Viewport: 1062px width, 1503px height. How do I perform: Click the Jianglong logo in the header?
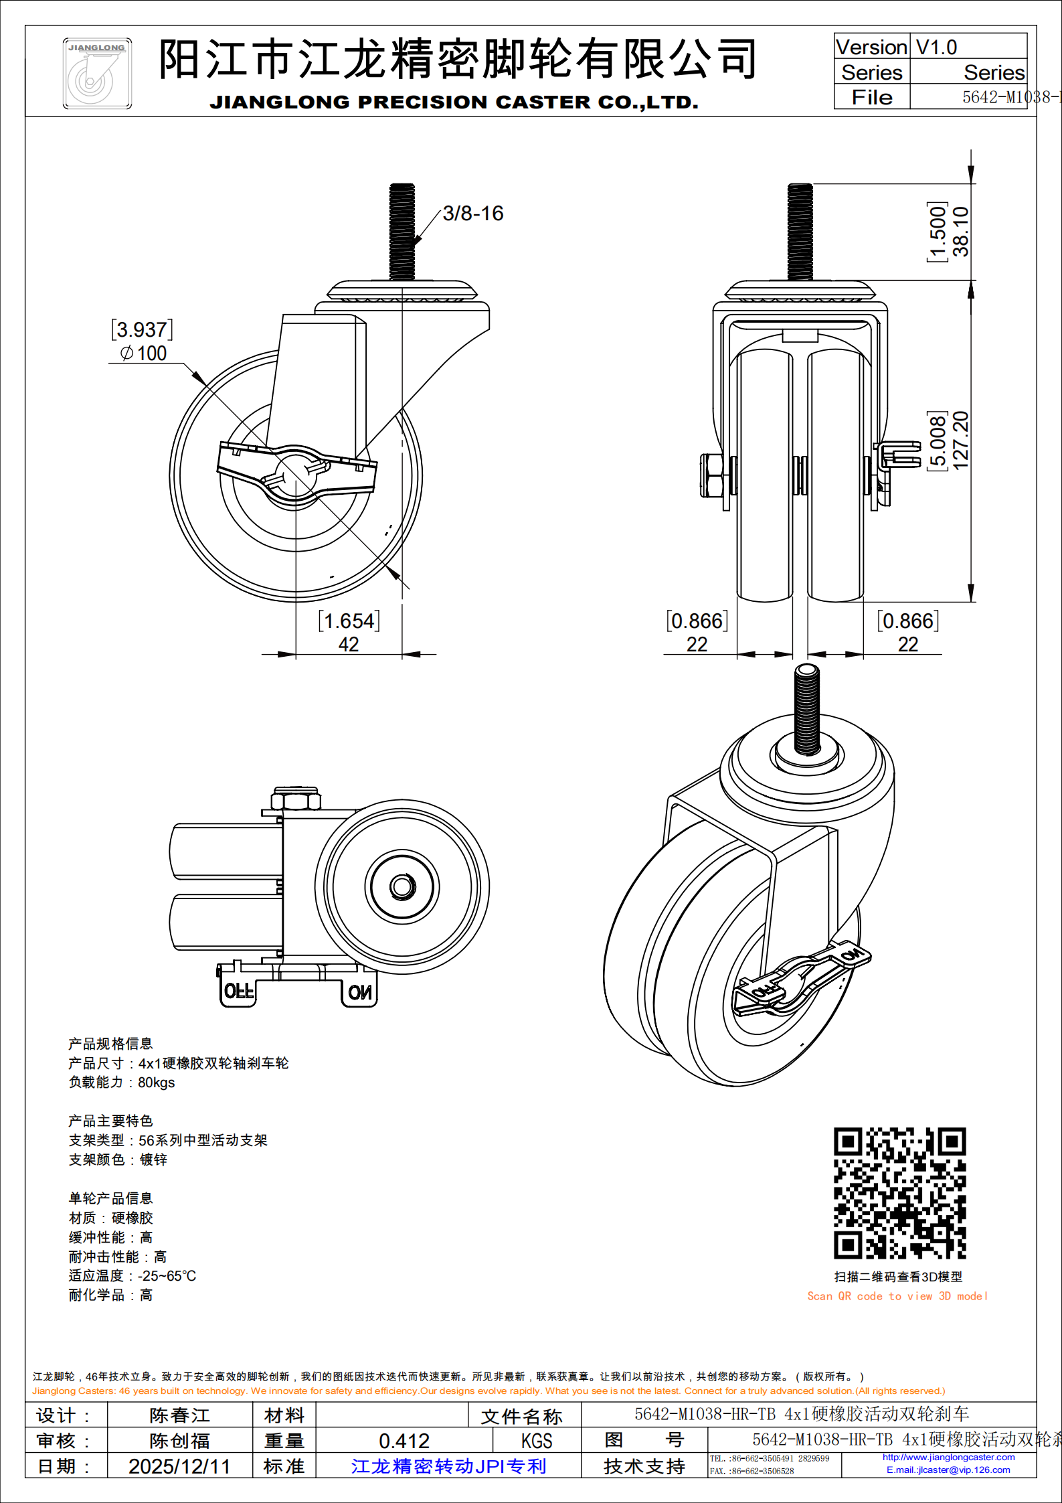(97, 74)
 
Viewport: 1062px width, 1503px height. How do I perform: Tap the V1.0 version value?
(936, 48)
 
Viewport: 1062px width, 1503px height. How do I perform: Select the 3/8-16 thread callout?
(472, 214)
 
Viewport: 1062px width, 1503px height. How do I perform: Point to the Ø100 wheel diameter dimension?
(144, 353)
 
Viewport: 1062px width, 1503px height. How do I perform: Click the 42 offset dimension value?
(348, 644)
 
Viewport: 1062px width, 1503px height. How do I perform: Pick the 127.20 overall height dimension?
(961, 440)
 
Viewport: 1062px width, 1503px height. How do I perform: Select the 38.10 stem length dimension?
(961, 232)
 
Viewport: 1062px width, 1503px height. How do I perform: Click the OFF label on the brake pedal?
(238, 991)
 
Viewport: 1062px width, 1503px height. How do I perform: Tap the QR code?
(899, 1193)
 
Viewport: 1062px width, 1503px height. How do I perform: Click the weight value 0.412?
(404, 1441)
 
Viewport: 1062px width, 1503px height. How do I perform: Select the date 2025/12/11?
(179, 1466)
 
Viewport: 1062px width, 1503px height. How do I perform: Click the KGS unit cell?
(537, 1441)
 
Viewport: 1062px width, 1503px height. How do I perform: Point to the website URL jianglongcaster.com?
(948, 1457)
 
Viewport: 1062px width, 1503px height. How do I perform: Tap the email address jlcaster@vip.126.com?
(948, 1470)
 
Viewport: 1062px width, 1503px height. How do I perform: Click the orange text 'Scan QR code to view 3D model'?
(897, 1296)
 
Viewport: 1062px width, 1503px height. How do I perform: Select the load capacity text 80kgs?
(156, 1083)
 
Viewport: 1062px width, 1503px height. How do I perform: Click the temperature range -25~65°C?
(167, 1276)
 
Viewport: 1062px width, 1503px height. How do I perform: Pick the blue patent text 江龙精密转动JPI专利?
(448, 1466)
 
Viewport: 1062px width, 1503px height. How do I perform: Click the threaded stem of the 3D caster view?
(807, 710)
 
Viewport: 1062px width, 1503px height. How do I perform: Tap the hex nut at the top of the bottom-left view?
(296, 799)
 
